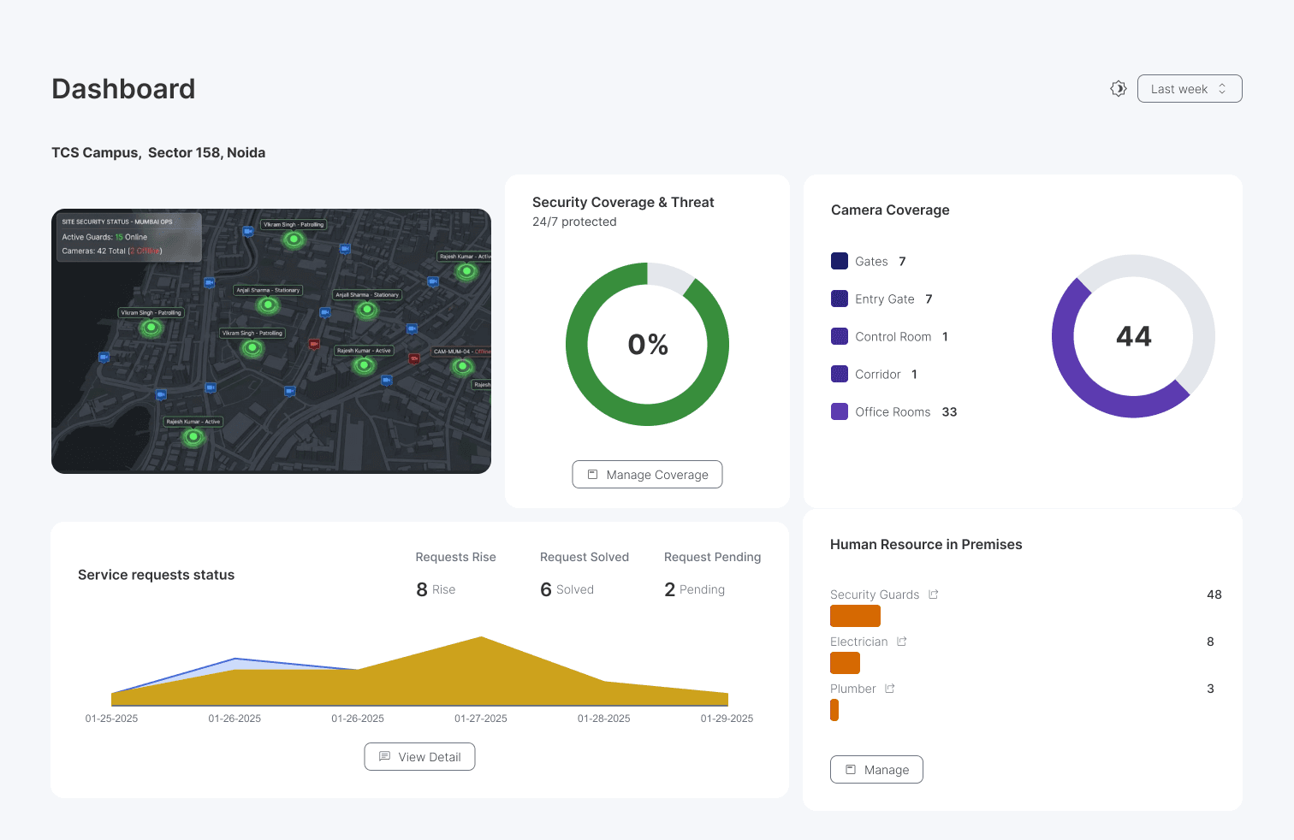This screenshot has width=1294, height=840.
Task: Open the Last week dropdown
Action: (1189, 89)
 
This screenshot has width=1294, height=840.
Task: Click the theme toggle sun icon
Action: (1118, 89)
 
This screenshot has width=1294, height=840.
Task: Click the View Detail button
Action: (419, 757)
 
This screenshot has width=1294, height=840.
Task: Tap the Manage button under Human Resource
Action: (876, 770)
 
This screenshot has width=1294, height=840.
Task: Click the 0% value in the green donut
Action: (648, 345)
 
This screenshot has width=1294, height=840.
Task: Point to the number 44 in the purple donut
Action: (1133, 336)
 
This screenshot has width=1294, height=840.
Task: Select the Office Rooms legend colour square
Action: (840, 411)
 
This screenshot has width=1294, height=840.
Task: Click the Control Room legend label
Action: (893, 337)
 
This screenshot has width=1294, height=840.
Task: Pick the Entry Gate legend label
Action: (884, 299)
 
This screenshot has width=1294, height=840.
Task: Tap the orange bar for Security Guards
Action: (855, 616)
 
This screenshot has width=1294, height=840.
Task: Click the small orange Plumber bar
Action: (834, 710)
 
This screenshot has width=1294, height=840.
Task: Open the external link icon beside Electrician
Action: (901, 642)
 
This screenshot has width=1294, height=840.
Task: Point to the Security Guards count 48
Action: (1214, 595)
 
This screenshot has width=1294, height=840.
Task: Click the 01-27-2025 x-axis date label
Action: (480, 719)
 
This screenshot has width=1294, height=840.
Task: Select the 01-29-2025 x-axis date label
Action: (727, 719)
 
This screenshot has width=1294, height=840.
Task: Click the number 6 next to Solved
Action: (546, 589)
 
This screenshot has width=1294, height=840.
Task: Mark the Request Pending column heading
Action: (712, 557)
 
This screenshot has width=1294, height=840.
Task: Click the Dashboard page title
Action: (123, 89)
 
